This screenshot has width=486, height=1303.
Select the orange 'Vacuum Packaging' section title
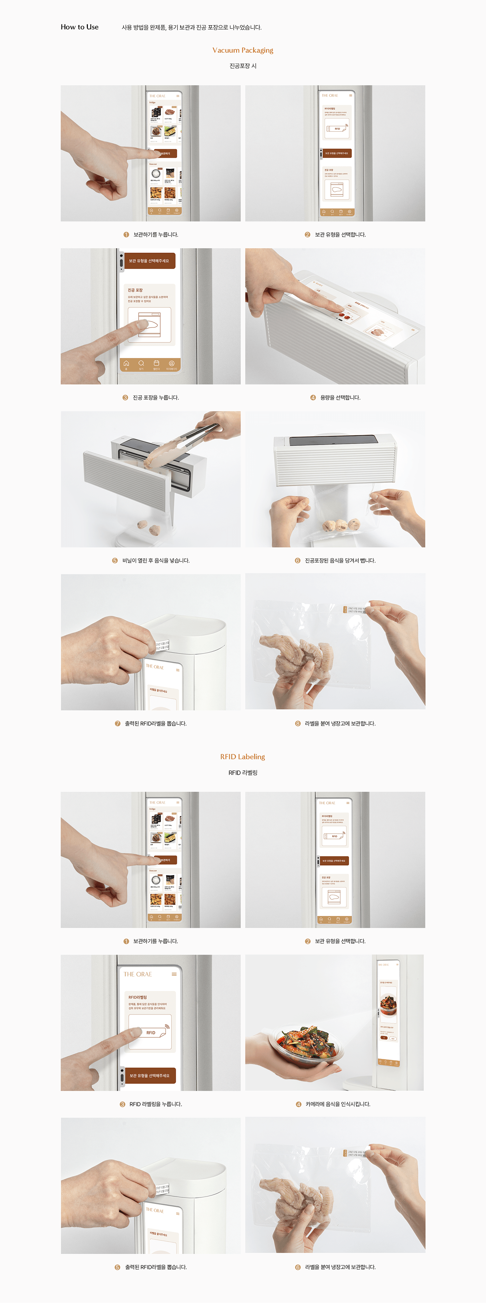[x=243, y=50]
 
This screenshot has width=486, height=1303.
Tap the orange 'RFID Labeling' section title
[x=243, y=757]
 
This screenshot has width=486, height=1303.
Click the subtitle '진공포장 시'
[x=243, y=66]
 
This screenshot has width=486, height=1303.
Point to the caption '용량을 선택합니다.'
[x=340, y=397]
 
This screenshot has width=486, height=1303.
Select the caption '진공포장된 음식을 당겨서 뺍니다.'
[x=340, y=561]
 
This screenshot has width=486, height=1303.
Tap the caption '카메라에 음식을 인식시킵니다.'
[x=338, y=1104]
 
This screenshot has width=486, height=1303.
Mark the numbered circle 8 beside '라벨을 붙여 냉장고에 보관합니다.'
[x=298, y=723]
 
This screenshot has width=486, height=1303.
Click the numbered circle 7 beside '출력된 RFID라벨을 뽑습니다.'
[x=118, y=723]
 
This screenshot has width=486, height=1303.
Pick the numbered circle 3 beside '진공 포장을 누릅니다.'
[x=125, y=397]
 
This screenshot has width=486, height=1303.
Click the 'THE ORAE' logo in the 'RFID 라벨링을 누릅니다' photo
[x=137, y=974]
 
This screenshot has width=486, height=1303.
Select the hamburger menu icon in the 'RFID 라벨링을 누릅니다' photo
[x=174, y=974]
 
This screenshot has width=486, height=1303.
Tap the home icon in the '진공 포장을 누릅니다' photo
[x=126, y=363]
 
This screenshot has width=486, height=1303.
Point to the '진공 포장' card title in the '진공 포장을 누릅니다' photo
[x=135, y=290]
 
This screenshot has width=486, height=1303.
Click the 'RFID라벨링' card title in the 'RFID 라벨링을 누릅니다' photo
[x=137, y=998]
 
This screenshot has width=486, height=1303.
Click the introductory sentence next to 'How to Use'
[x=192, y=27]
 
